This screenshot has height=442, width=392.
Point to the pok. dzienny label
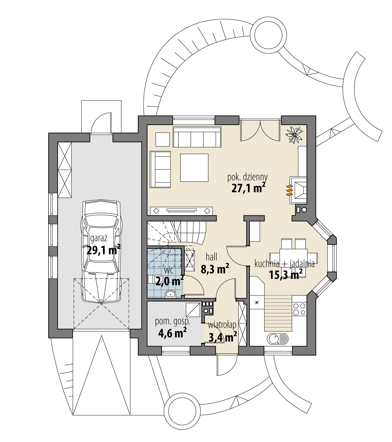click(247, 177)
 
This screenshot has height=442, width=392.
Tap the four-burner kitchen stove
click(299, 309)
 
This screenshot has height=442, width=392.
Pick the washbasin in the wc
click(171, 295)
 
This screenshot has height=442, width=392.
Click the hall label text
click(212, 257)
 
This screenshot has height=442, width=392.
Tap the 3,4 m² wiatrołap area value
click(223, 337)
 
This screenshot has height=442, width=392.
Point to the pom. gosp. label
click(173, 321)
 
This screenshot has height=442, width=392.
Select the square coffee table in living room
click(195, 168)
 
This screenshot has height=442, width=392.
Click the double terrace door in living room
click(260, 131)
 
